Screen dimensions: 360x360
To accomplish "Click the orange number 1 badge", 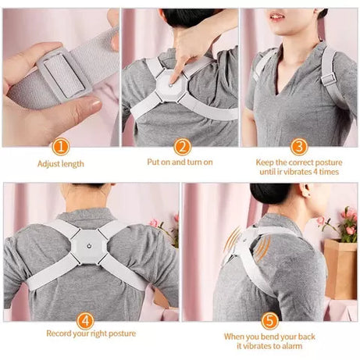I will [61, 146].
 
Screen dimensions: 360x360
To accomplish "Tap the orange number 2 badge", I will [180, 146].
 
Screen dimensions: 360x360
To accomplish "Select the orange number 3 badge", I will [298, 146].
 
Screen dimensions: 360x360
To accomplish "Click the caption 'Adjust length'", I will [61, 163].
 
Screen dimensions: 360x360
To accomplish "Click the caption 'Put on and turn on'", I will [180, 162].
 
